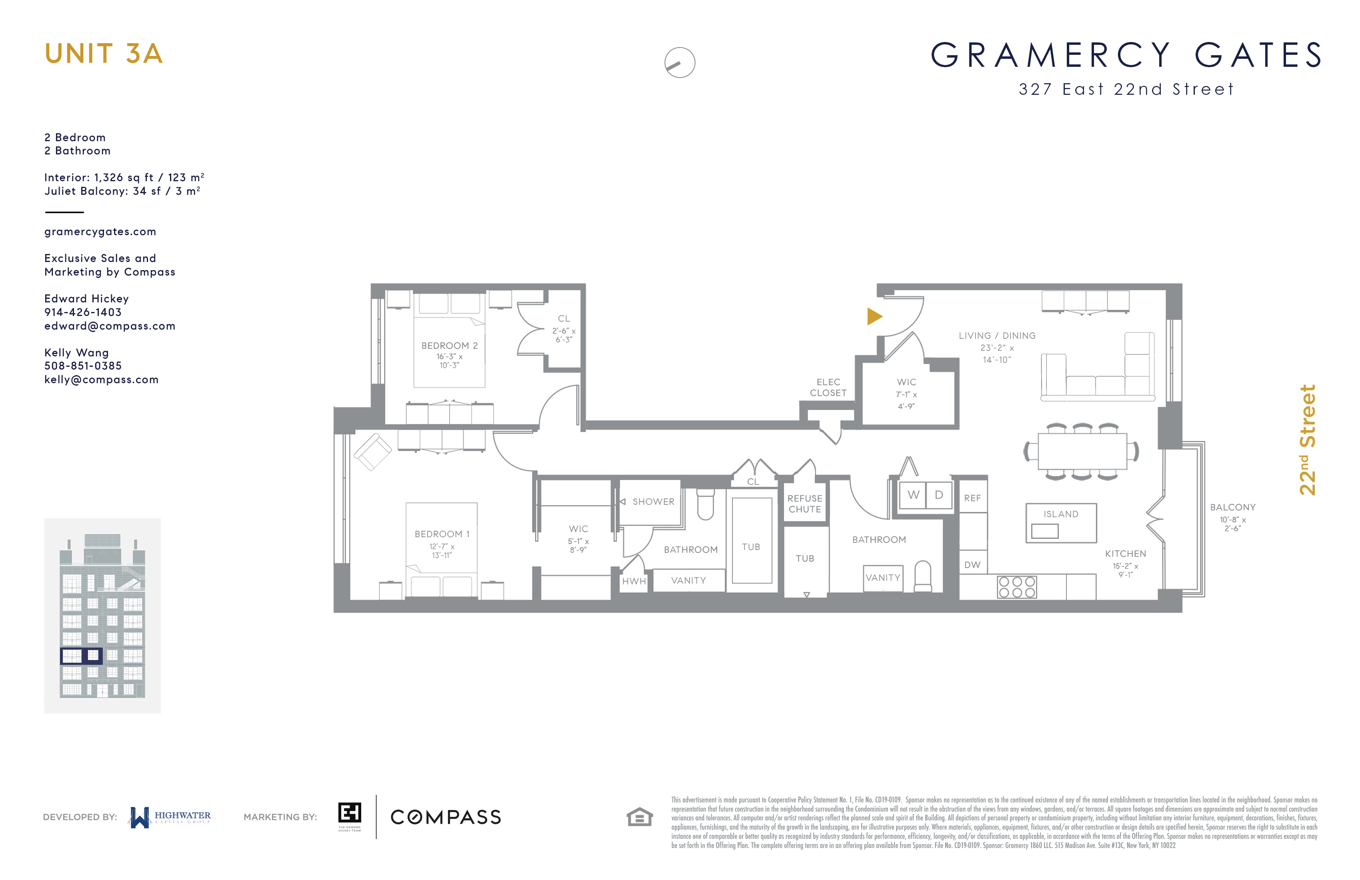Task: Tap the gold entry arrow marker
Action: pos(874,316)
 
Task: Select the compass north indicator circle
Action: pos(680,62)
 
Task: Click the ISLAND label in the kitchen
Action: pos(1060,514)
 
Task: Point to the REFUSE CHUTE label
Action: pos(804,504)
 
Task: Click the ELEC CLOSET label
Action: pos(828,388)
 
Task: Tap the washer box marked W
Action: pos(913,495)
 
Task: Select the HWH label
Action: pos(634,581)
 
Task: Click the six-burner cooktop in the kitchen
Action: pos(1016,587)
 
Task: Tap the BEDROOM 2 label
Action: pos(449,346)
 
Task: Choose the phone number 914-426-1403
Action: pos(83,312)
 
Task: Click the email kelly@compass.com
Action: pos(101,380)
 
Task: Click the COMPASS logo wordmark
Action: pos(446,817)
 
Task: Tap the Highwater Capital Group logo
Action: pos(170,817)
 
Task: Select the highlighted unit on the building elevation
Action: pos(81,656)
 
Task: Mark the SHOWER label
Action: pos(653,502)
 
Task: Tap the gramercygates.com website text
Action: pos(100,232)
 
